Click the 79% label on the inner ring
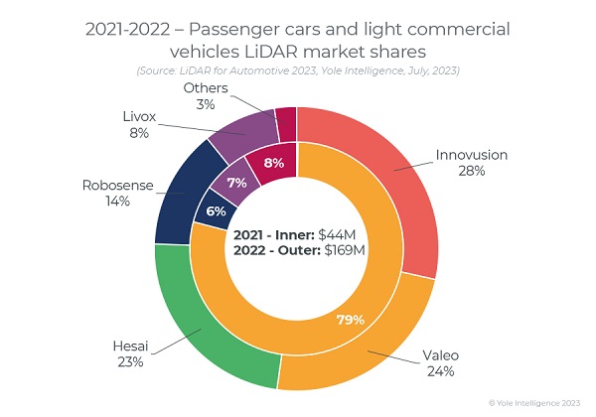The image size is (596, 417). point(350,320)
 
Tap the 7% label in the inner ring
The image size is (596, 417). point(236,184)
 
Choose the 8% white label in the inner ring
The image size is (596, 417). point(274,162)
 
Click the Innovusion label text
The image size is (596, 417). point(471,155)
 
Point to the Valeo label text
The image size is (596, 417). point(441,355)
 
